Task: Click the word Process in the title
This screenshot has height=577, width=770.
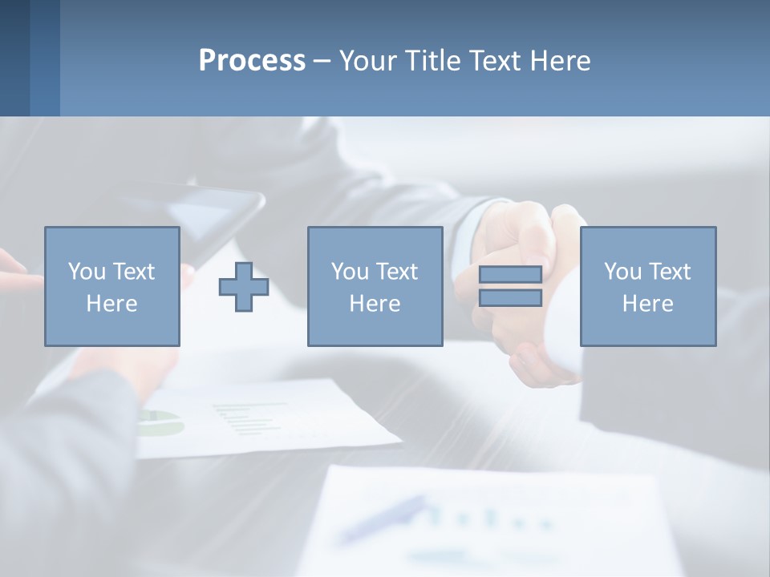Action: [x=252, y=61]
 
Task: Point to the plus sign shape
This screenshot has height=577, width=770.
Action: [x=244, y=287]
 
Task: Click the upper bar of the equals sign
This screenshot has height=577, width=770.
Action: [x=510, y=275]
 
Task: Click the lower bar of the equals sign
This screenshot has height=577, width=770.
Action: [x=510, y=298]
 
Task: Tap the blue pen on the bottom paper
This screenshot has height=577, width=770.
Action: [x=382, y=518]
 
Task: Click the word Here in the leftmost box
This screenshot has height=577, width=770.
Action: [x=111, y=304]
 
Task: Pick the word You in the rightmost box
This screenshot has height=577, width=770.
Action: [x=622, y=272]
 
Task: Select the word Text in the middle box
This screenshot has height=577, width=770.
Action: [x=397, y=272]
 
